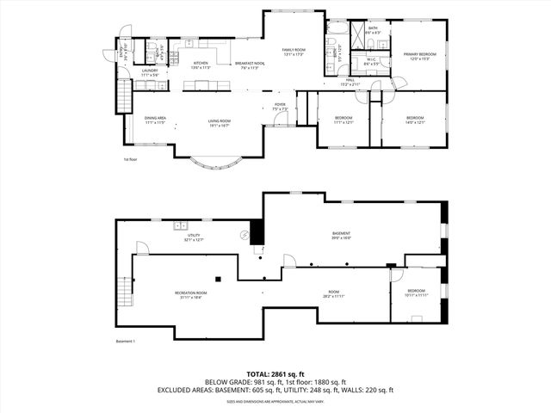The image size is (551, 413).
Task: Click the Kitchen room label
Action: (200, 63)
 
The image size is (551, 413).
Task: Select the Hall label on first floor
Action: (349, 83)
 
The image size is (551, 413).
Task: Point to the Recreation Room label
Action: (192, 294)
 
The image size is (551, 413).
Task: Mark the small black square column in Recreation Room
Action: (219, 278)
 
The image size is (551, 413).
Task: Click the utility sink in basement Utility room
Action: (181, 225)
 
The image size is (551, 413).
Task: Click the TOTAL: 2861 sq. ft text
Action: (275, 374)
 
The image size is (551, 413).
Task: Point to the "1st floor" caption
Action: (131, 160)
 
